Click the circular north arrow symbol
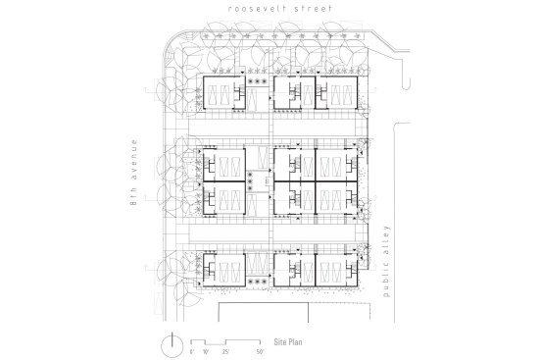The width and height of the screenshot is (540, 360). click(x=172, y=342)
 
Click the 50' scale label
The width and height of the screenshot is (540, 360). click(x=260, y=349)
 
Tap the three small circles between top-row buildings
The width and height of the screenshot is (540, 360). click(x=260, y=84)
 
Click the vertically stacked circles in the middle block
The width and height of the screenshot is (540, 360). click(x=252, y=180)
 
